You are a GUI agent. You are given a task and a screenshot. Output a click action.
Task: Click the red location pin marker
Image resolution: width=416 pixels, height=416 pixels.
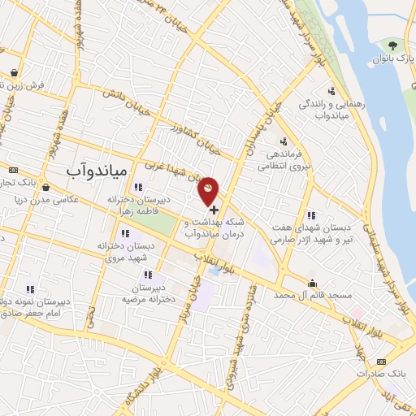click(x=209, y=189)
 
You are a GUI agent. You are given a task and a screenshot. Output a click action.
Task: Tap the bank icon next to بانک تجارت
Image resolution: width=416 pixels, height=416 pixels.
click(x=14, y=170)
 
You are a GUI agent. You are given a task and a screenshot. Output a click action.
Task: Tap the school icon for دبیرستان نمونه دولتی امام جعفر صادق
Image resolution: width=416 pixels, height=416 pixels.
click(x=30, y=288)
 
